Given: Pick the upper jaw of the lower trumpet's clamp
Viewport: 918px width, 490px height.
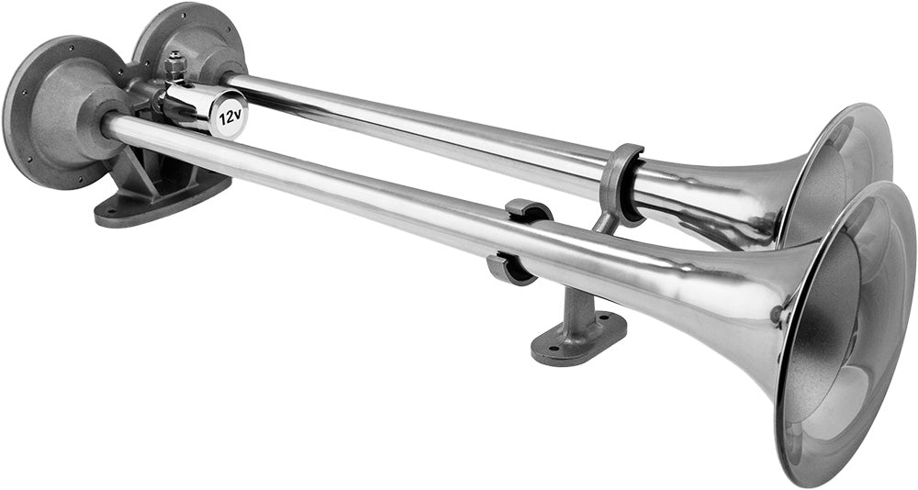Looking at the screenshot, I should tap(529, 210).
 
